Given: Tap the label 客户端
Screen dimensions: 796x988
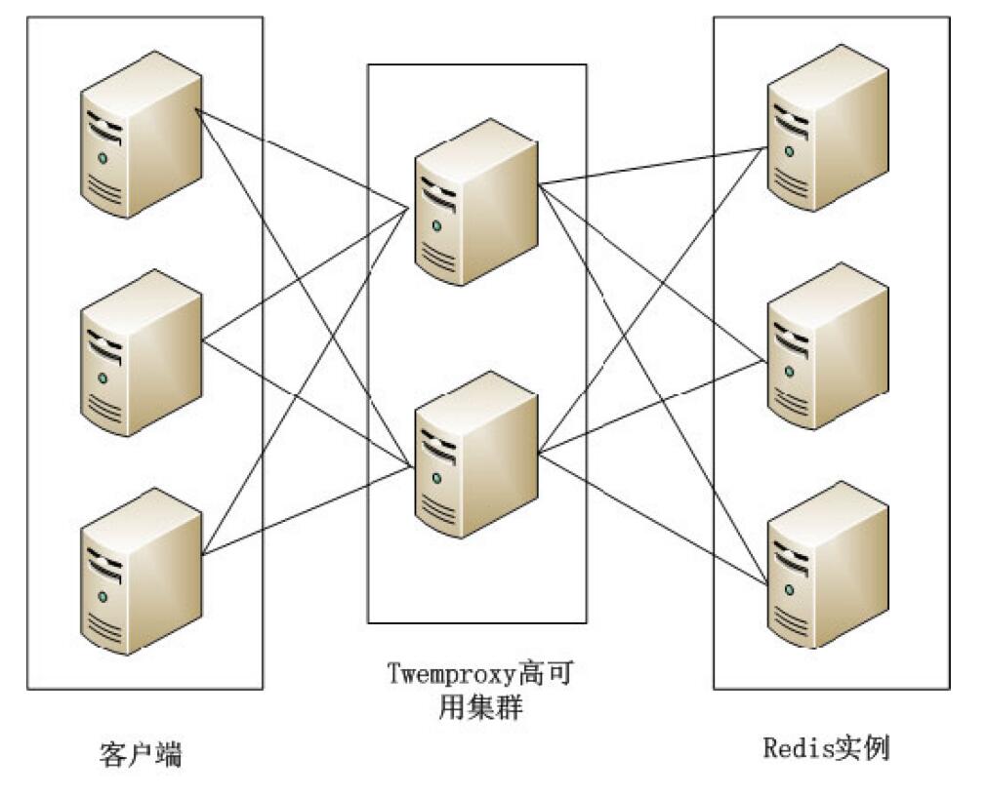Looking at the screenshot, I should pos(142,754).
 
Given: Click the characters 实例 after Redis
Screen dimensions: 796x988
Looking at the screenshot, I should pos(862,748).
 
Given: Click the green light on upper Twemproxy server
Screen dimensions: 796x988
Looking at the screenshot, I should pos(434,226).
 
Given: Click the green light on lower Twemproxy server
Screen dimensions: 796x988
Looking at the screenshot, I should pos(434,478).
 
